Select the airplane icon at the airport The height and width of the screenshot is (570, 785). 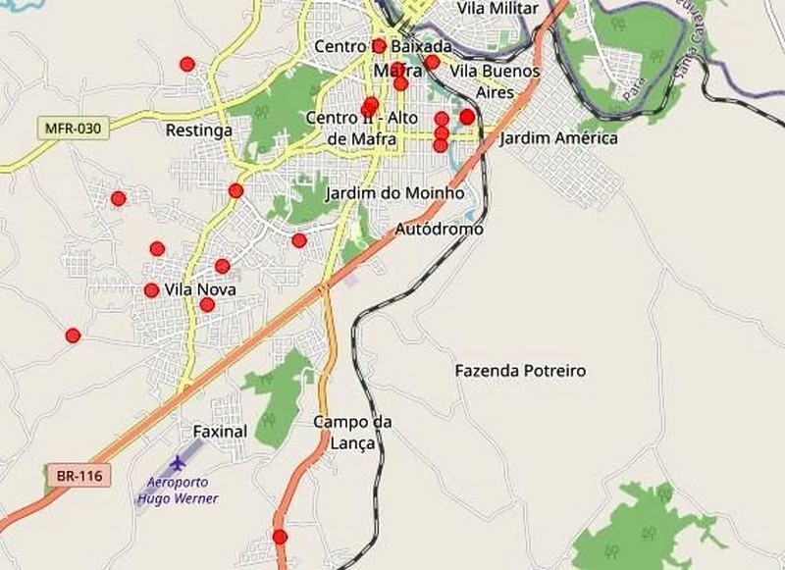coord(178,461)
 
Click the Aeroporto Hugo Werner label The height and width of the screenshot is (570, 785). coord(177,490)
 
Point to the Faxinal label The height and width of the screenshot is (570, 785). coord(219,430)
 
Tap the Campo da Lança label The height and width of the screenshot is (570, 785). coord(352,433)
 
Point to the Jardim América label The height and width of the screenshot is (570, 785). coord(559,138)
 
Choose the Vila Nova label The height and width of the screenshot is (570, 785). coord(200,289)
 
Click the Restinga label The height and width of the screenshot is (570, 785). coord(199,130)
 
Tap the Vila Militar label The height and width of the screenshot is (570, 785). coord(497,8)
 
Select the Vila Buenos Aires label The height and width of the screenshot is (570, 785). coord(495,80)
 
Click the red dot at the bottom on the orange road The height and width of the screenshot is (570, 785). coord(281,537)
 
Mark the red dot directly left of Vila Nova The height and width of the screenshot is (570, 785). coord(151,290)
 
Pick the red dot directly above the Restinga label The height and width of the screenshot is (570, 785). coord(187,65)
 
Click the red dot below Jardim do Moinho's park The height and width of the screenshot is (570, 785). coord(299,240)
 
